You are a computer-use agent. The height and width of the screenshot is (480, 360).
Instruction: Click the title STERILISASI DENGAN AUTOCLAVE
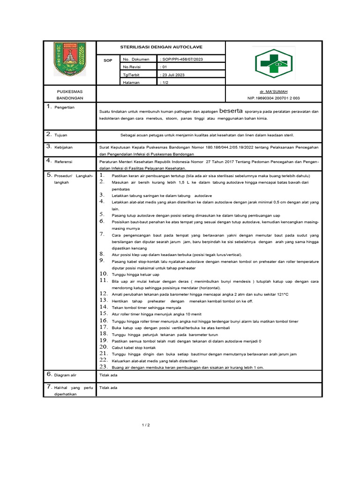(x=161, y=48)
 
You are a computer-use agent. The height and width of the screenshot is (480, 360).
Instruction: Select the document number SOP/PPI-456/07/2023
(x=182, y=60)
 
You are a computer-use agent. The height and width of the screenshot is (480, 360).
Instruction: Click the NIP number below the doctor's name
(x=274, y=98)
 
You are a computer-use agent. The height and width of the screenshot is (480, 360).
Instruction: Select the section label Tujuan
(x=61, y=135)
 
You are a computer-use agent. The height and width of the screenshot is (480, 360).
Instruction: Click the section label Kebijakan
(x=64, y=147)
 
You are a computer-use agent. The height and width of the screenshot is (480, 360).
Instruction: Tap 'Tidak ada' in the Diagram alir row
(x=108, y=375)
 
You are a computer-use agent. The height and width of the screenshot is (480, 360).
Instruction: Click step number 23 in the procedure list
(x=104, y=367)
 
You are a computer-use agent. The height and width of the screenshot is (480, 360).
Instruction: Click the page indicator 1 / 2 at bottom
(x=145, y=425)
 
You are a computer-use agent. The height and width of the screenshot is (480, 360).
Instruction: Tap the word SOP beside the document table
(x=108, y=61)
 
